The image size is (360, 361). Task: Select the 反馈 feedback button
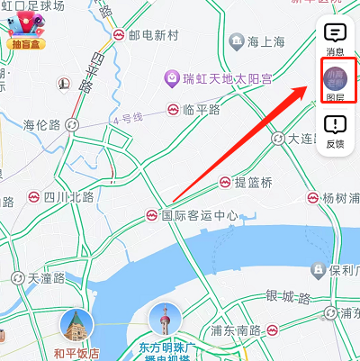(x=335, y=130)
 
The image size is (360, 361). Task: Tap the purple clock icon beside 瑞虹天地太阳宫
(x=172, y=79)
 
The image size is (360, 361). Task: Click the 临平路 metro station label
(x=200, y=109)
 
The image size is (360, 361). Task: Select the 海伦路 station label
(x=41, y=124)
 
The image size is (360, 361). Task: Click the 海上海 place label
(x=265, y=41)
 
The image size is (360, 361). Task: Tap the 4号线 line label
(x=127, y=117)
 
